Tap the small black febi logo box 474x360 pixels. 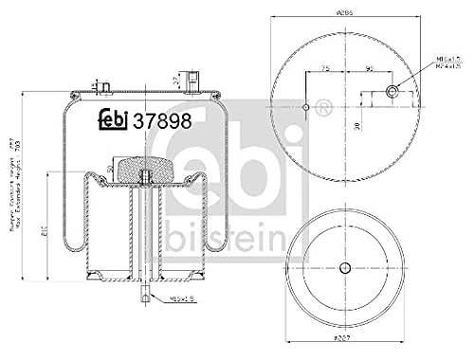(x=115, y=120)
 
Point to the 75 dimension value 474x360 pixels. (x=325, y=69)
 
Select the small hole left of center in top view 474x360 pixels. (x=305, y=106)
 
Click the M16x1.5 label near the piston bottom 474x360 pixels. (x=181, y=299)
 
